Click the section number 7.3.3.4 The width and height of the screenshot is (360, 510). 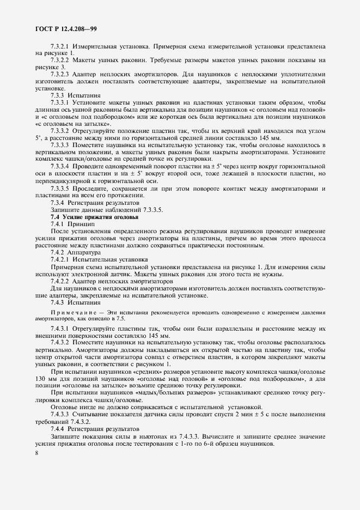point(60,166)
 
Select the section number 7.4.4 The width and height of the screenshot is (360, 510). point(58,429)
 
